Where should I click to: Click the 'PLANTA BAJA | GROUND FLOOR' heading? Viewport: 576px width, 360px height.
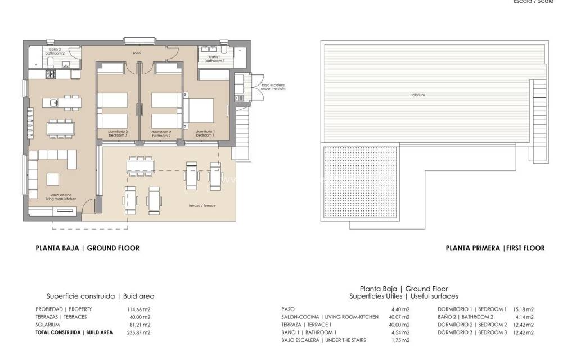(87, 248)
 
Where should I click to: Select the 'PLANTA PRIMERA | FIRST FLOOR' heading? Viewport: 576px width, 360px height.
(495, 248)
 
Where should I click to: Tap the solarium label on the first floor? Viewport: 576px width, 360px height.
(417, 95)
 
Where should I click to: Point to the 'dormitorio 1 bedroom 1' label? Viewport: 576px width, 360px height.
(205, 134)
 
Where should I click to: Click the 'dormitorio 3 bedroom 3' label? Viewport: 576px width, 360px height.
(118, 134)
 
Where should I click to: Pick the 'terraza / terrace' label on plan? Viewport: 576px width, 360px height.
(202, 205)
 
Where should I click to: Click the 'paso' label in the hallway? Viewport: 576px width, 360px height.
(137, 53)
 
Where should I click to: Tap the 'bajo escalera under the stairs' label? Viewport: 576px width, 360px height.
(271, 88)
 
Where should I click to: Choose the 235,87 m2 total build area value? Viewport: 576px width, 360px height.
(139, 332)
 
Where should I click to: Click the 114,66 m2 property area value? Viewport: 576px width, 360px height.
(139, 309)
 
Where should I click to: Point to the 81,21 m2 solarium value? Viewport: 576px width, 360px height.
(139, 325)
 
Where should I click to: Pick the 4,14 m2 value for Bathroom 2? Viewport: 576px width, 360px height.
(524, 317)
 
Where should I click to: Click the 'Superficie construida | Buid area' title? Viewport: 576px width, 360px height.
(100, 296)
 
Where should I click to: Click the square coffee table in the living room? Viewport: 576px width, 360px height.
(52, 178)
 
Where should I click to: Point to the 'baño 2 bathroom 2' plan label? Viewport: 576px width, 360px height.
(55, 52)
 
